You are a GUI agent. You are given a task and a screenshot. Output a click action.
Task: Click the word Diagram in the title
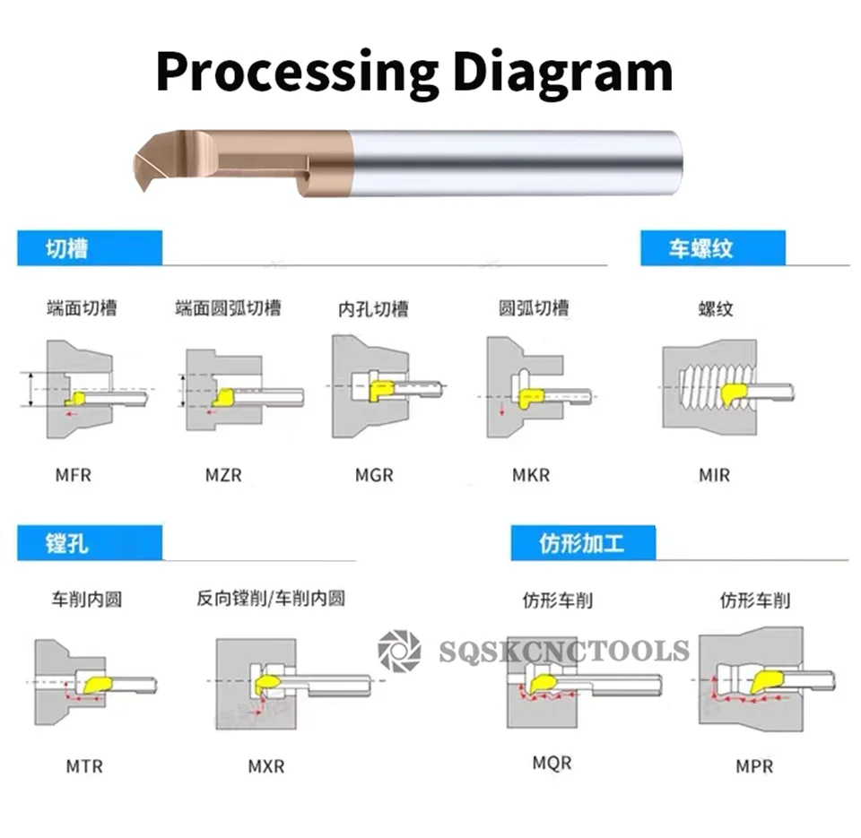[x=562, y=72]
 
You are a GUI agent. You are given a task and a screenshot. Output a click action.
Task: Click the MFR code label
[x=74, y=475]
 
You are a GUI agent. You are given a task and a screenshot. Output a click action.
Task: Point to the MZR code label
[x=223, y=475]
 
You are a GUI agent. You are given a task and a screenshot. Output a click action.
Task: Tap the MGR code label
[x=374, y=475]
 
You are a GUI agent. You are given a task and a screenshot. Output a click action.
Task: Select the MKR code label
[x=531, y=475]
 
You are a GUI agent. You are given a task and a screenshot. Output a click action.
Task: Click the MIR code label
[x=714, y=475]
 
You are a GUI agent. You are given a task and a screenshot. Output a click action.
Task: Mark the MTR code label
[x=84, y=766]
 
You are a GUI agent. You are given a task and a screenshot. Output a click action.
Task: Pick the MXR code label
[x=266, y=766]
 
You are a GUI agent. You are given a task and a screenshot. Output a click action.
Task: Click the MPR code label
[x=754, y=766]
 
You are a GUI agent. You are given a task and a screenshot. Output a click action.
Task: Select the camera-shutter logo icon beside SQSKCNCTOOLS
[x=399, y=650]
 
